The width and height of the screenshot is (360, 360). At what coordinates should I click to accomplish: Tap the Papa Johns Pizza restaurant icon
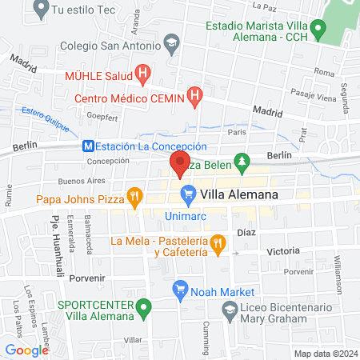[135, 194]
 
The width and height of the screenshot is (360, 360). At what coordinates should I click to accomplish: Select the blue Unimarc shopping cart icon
[189, 194]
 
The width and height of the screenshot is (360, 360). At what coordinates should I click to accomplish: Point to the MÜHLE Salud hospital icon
[142, 76]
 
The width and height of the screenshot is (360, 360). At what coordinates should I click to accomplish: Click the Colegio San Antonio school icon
[172, 44]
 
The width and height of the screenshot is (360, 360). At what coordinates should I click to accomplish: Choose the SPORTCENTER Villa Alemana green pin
[143, 306]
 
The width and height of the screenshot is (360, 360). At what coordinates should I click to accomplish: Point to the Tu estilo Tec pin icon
[40, 10]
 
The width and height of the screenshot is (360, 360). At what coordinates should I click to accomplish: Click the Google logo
[27, 350]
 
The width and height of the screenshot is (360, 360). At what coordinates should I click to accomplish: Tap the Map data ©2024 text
[325, 354]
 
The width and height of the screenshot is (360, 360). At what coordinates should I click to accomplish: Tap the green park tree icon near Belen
[242, 164]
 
